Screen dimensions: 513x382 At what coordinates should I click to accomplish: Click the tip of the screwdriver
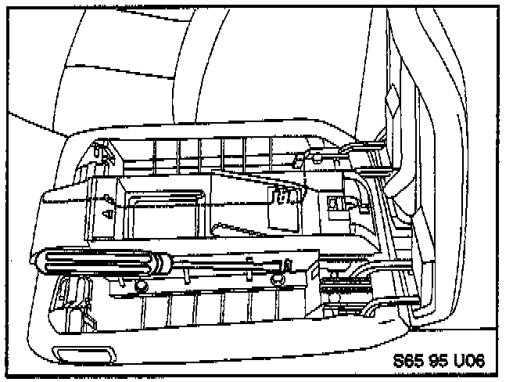(x=291, y=265)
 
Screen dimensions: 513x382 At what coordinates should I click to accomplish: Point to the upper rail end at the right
(x=375, y=144)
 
